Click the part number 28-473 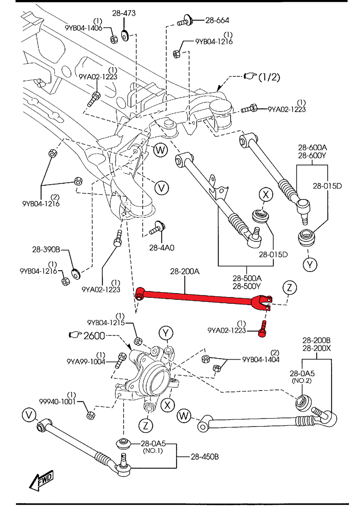click(124, 13)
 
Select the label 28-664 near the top click(217, 20)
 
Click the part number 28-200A click(185, 271)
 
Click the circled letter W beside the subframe click(160, 150)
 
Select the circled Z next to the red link click(289, 287)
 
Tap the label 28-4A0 click(161, 248)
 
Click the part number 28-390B click(46, 249)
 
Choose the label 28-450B click(205, 457)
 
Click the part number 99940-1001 click(57, 401)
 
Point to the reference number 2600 click(94, 336)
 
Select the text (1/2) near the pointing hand click(269, 77)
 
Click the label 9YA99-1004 click(86, 361)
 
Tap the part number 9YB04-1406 click(83, 28)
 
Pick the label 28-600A click(312, 147)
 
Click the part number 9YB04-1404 click(261, 359)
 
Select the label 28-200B click(316, 340)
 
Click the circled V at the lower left click(29, 415)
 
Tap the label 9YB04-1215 click(106, 322)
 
